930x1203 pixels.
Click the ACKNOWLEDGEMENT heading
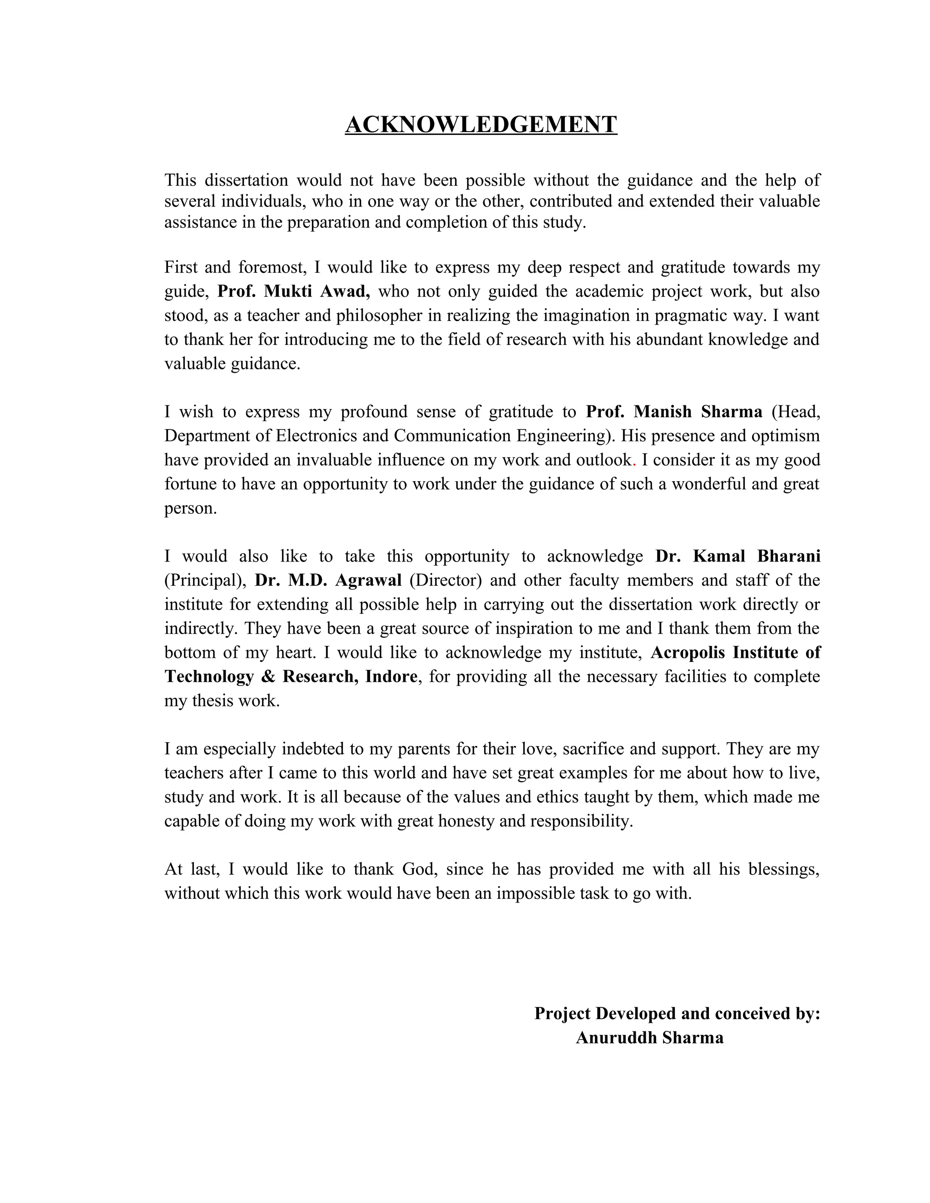[480, 124]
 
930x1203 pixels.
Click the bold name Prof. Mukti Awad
[293, 291]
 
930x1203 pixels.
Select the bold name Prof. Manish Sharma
[674, 411]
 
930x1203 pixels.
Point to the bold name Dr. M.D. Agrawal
[328, 580]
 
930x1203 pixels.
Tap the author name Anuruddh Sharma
[649, 1038]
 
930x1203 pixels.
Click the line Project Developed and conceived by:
[677, 1014]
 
